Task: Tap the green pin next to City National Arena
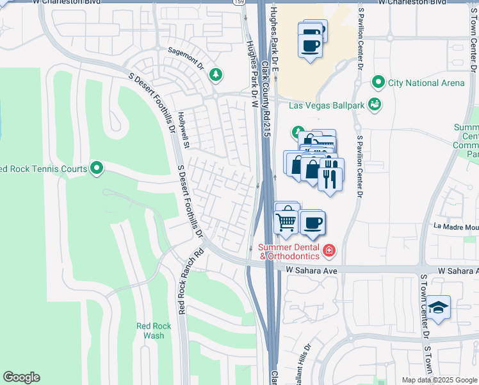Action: pyautogui.click(x=378, y=83)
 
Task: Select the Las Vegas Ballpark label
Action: pyautogui.click(x=327, y=105)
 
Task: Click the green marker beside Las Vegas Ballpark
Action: pyautogui.click(x=376, y=104)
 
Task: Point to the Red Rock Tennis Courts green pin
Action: pyautogui.click(x=97, y=169)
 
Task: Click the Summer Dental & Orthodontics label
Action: pyautogui.click(x=292, y=252)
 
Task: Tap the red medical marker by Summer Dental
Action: pyautogui.click(x=329, y=250)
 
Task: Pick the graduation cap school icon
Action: pyautogui.click(x=439, y=307)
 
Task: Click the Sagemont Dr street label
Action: pyautogui.click(x=186, y=58)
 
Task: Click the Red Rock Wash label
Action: pyautogui.click(x=154, y=330)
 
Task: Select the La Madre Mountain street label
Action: pyautogui.click(x=456, y=226)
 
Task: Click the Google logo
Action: pyautogui.click(x=21, y=377)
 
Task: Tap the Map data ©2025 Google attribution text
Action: pyautogui.click(x=439, y=380)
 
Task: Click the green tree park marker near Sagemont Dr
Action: pyautogui.click(x=216, y=75)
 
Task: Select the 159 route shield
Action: pyautogui.click(x=238, y=3)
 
